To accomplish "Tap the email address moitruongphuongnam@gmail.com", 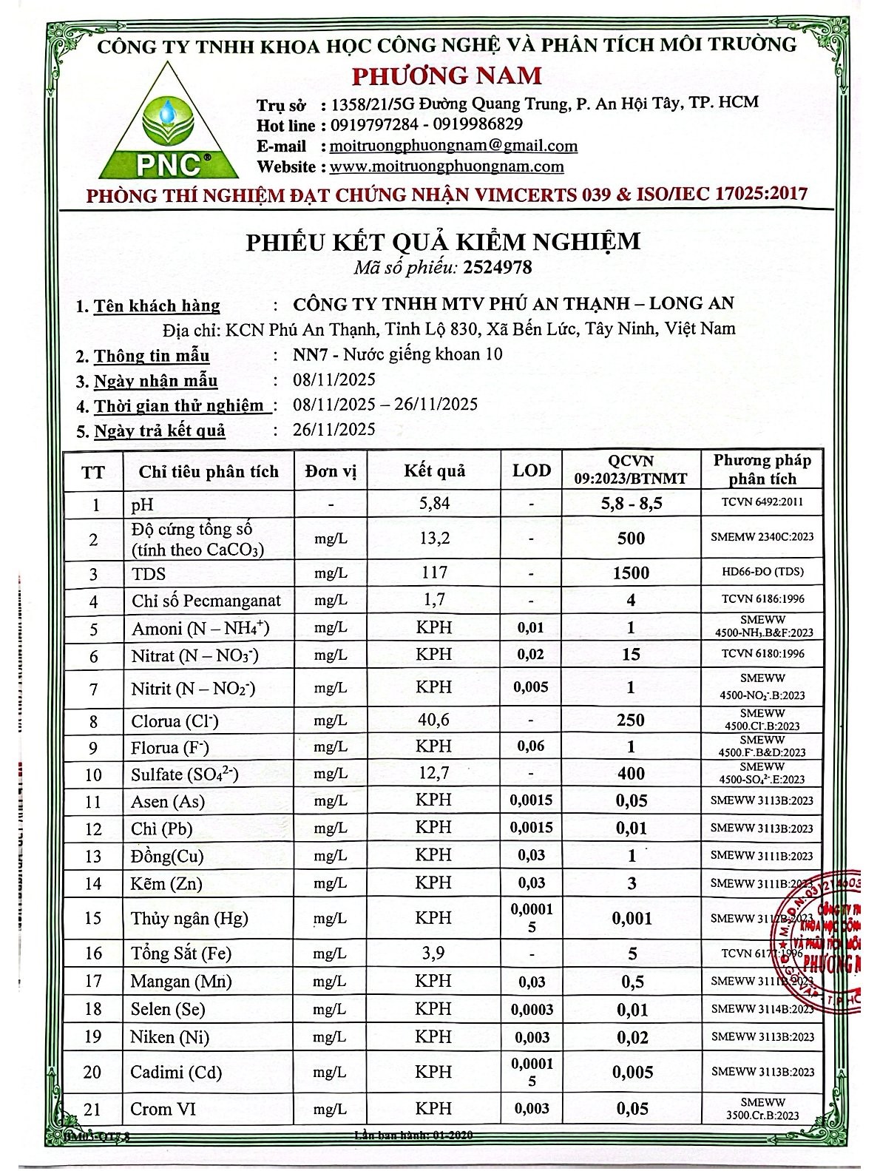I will click(453, 146).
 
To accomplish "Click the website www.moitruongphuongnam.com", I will click(447, 166).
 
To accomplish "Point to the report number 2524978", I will click(505, 266).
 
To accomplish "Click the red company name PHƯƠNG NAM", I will click(447, 75).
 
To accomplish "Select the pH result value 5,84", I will click(434, 504).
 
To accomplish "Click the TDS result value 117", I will click(434, 572).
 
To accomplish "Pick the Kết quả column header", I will click(434, 470).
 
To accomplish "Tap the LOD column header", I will click(532, 470).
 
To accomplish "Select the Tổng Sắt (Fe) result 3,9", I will click(434, 953).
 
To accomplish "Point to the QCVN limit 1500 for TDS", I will click(631, 573).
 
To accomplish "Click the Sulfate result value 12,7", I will click(434, 774).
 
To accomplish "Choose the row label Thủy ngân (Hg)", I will click(189, 918).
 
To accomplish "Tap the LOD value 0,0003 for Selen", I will click(532, 1010).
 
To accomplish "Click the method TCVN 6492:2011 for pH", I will click(762, 502).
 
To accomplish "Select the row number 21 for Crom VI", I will click(92, 1109).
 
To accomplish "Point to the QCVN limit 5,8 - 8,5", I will click(631, 504).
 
